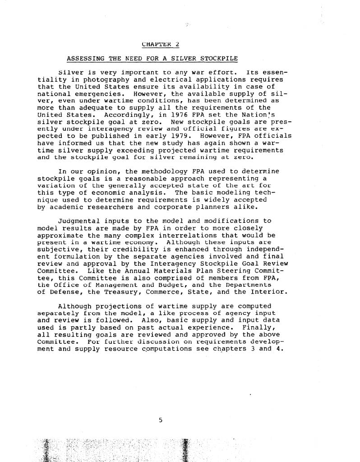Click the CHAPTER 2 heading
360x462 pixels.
(160, 44)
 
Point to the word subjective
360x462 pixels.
(56, 249)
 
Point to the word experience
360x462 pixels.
(212, 327)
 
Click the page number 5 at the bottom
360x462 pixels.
(160, 420)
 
